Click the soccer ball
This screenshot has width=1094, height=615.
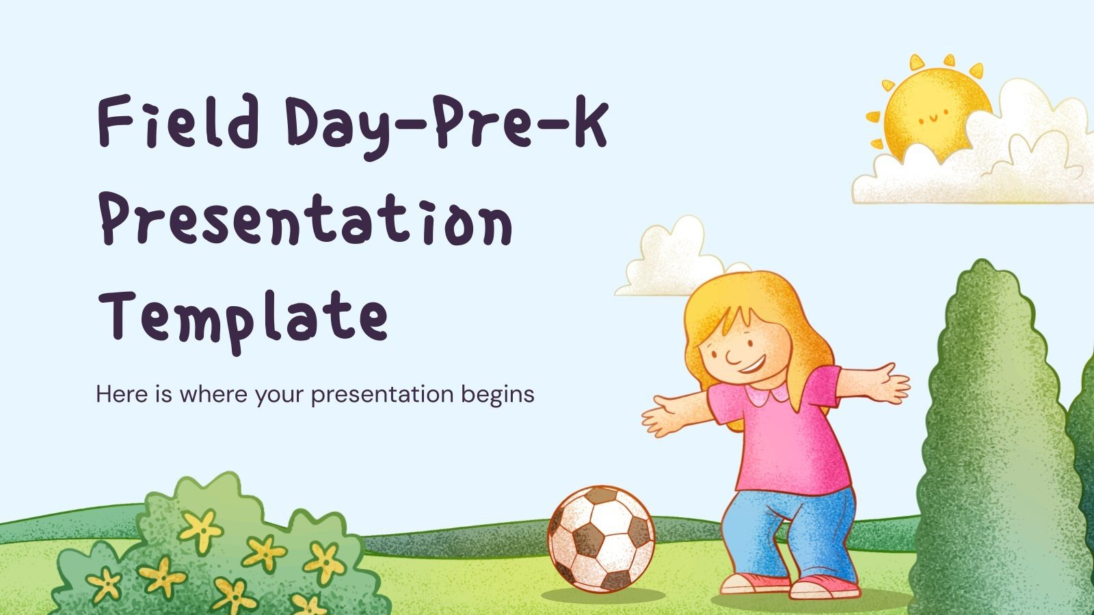pyautogui.click(x=601, y=538)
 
